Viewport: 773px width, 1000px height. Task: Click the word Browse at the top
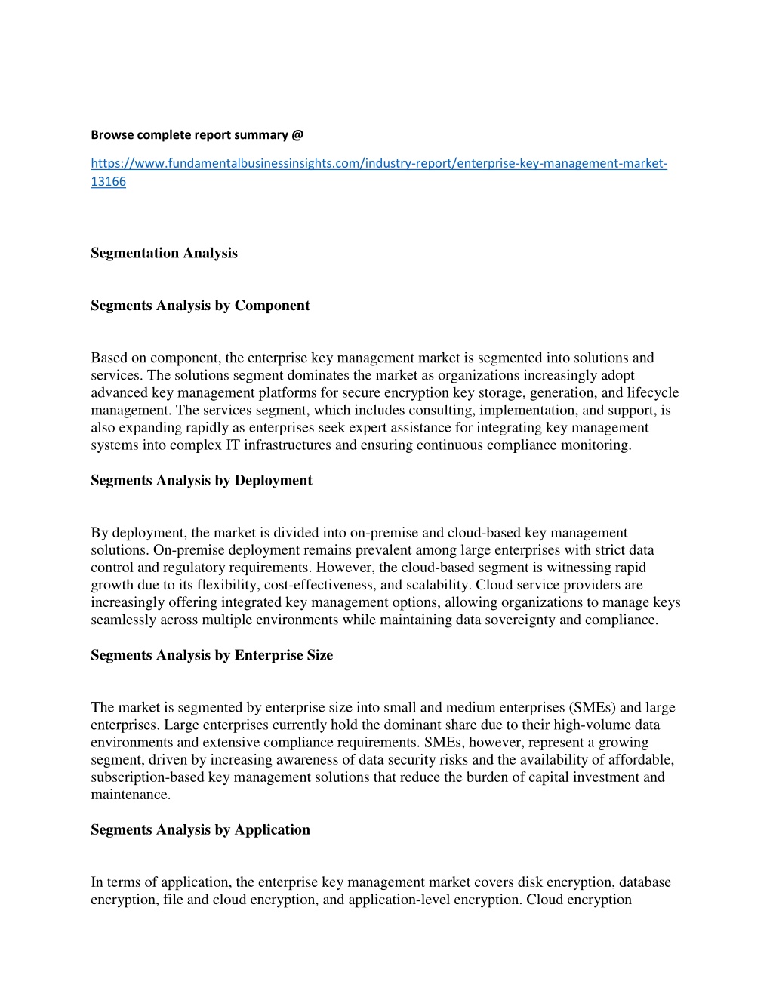pos(110,135)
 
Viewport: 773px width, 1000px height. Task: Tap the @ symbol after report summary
pos(297,135)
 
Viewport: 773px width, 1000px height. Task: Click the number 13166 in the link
pos(108,182)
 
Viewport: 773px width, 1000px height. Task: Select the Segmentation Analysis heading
pos(164,254)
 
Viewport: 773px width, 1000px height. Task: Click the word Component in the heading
pos(272,306)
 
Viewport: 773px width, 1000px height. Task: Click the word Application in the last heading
pos(272,830)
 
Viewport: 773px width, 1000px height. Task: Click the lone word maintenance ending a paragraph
pos(130,795)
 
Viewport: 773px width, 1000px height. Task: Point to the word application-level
pos(399,900)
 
